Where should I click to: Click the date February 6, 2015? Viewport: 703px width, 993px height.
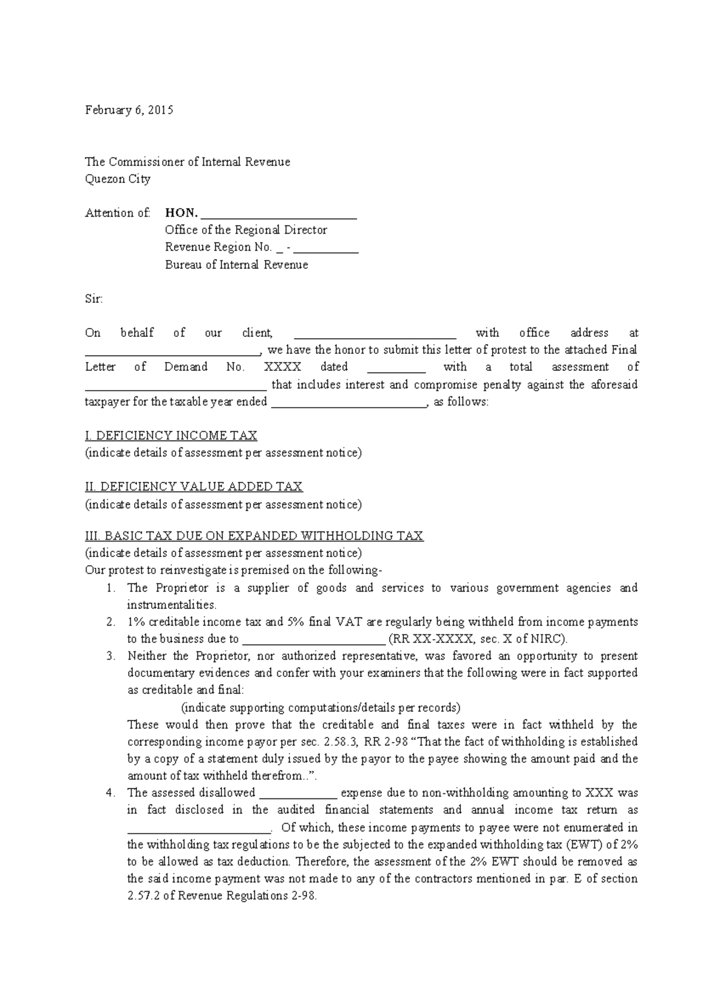pyautogui.click(x=129, y=110)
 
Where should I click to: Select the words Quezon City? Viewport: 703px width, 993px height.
pyautogui.click(x=118, y=179)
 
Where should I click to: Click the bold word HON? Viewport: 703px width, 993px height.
pyautogui.click(x=181, y=213)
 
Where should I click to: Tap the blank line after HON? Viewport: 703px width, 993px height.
pyautogui.click(x=279, y=215)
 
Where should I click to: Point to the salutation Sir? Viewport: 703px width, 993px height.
pyautogui.click(x=94, y=299)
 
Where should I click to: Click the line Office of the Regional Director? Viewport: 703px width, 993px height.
pyautogui.click(x=245, y=230)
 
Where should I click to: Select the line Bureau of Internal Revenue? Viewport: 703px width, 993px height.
pyautogui.click(x=236, y=265)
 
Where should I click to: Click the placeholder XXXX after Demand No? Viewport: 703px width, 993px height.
pyautogui.click(x=282, y=367)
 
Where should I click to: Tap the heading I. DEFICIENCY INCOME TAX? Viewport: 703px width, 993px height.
pyautogui.click(x=171, y=436)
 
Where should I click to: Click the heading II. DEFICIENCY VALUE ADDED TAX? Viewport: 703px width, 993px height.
pyautogui.click(x=194, y=487)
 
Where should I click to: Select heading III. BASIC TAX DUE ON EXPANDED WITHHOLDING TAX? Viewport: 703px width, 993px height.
pyautogui.click(x=254, y=536)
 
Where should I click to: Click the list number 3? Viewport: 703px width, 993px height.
pyautogui.click(x=111, y=656)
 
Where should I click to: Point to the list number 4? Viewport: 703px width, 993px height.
pyautogui.click(x=111, y=793)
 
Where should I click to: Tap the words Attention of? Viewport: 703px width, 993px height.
pyautogui.click(x=118, y=213)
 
